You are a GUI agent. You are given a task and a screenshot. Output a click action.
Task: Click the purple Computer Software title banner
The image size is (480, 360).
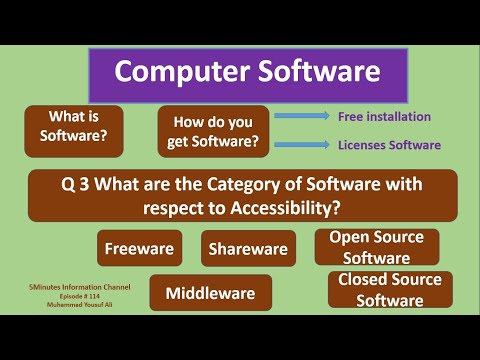click(x=247, y=73)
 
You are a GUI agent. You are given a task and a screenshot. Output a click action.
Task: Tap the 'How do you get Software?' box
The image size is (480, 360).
click(x=213, y=131)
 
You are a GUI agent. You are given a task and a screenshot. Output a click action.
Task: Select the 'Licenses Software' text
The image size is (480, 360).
click(x=388, y=145)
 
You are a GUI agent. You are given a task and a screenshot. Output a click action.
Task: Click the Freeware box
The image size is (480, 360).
click(x=139, y=248)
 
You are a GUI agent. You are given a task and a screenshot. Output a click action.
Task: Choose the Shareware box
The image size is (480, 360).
click(x=248, y=248)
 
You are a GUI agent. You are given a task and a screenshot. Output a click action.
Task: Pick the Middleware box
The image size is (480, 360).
click(x=210, y=293)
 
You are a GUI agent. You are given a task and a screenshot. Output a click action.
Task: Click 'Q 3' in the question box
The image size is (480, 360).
click(x=78, y=184)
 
